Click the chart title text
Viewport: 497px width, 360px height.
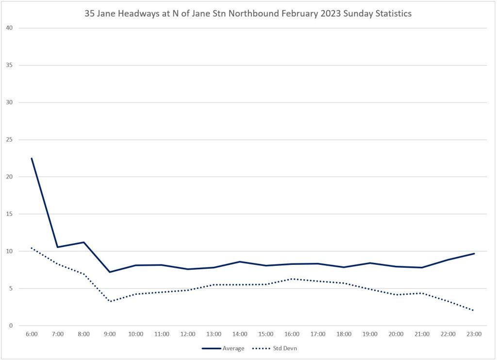(248, 14)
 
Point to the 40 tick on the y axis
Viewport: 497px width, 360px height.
(8, 28)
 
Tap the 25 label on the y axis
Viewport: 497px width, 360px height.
(8, 140)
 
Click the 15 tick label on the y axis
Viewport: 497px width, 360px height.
(8, 214)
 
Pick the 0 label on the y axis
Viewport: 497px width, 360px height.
(10, 326)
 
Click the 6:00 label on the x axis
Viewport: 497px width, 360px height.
(32, 334)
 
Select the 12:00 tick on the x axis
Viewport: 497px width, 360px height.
(188, 334)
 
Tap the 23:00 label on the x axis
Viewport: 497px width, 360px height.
(474, 334)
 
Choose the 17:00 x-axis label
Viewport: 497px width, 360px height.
(318, 334)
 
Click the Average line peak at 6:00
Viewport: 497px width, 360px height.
(32, 158)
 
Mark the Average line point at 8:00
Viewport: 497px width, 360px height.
(84, 242)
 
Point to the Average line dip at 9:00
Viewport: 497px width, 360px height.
(110, 272)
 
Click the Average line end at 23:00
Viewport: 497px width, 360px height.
(474, 253)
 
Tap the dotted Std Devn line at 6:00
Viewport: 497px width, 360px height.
(32, 248)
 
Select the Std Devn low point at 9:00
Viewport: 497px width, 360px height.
(110, 301)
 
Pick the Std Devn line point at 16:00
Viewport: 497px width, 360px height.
(292, 278)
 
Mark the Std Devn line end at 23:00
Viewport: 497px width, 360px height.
(474, 311)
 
